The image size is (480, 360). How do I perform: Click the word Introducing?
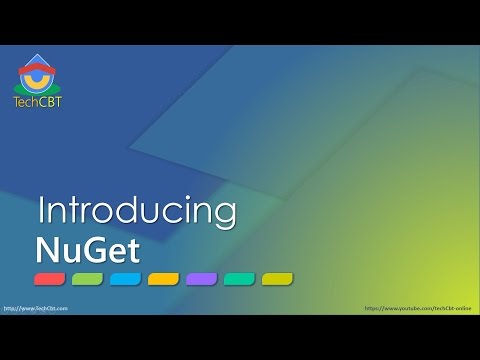(137, 211)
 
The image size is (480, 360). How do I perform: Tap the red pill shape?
(50, 278)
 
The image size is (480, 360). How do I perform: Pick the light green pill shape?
(88, 278)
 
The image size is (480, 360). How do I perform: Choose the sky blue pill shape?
(126, 278)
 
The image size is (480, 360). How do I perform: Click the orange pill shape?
(163, 278)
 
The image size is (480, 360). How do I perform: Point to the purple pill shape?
(201, 278)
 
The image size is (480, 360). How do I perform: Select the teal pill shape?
(239, 278)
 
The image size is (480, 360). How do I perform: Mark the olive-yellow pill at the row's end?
(277, 278)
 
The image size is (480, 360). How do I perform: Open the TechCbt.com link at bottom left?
(35, 309)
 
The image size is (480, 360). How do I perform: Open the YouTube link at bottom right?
(420, 309)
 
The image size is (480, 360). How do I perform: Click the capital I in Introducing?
(42, 211)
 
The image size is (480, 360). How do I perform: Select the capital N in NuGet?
(46, 246)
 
